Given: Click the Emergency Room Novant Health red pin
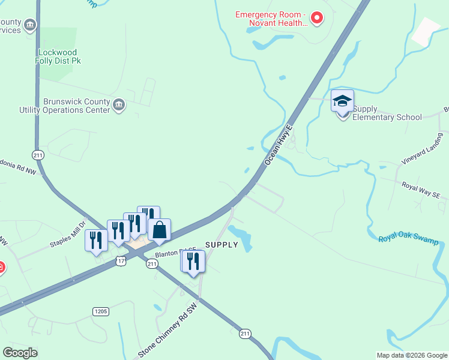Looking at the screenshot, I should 317,19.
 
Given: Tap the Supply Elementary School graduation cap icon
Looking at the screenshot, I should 342,101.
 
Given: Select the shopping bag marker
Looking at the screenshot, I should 159,230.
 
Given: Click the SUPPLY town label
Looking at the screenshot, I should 221,245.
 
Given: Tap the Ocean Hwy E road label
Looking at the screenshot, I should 277,146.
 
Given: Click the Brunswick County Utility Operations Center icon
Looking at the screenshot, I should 119,106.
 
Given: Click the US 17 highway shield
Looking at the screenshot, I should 122,261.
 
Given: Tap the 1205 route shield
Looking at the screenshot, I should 100,311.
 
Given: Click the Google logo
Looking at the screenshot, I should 20,352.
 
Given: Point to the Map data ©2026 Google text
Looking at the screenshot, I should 411,355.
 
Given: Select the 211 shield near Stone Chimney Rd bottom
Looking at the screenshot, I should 245,333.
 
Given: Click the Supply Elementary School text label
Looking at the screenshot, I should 387,113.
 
